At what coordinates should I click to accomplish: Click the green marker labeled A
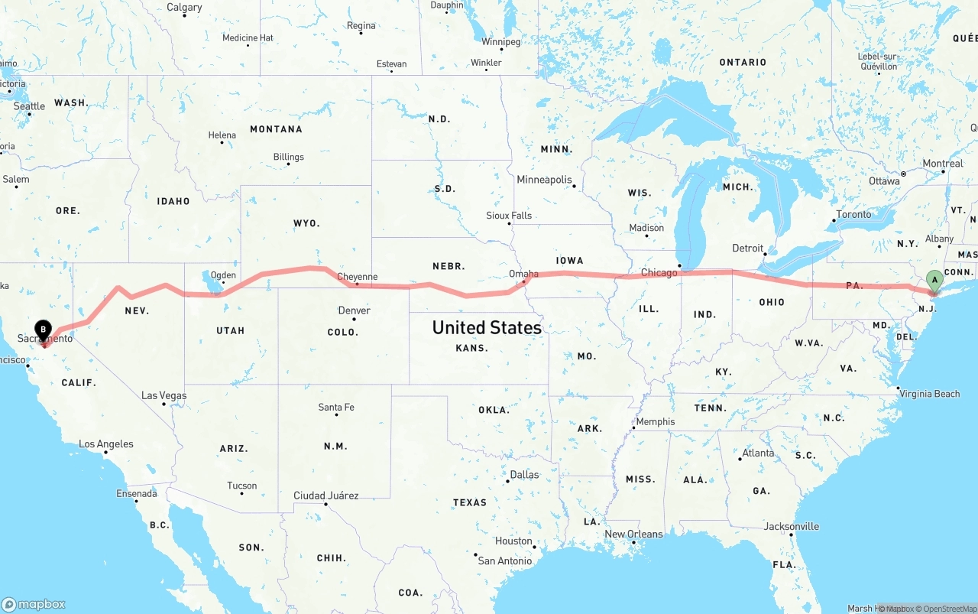pos(934,281)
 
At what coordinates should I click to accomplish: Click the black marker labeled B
pos(44,330)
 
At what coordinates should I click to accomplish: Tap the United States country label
pos(487,327)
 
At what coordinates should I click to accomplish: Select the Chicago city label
pos(659,273)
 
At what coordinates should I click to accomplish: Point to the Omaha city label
pos(523,274)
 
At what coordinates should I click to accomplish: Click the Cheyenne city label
pos(357,277)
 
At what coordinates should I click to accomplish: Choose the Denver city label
pos(354,310)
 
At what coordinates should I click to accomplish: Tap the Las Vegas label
pos(164,395)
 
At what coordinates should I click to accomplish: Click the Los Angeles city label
pos(105,444)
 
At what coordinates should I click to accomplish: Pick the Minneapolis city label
pos(544,180)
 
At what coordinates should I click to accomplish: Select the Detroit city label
pos(747,248)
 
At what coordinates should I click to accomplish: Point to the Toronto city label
pos(853,214)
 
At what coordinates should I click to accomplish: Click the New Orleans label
pos(633,534)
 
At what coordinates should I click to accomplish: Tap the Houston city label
pos(513,541)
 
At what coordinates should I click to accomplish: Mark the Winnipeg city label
pos(501,42)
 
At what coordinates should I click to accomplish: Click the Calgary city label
pos(184,8)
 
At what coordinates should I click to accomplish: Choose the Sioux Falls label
pos(509,216)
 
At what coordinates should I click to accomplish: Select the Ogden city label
pos(223,275)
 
